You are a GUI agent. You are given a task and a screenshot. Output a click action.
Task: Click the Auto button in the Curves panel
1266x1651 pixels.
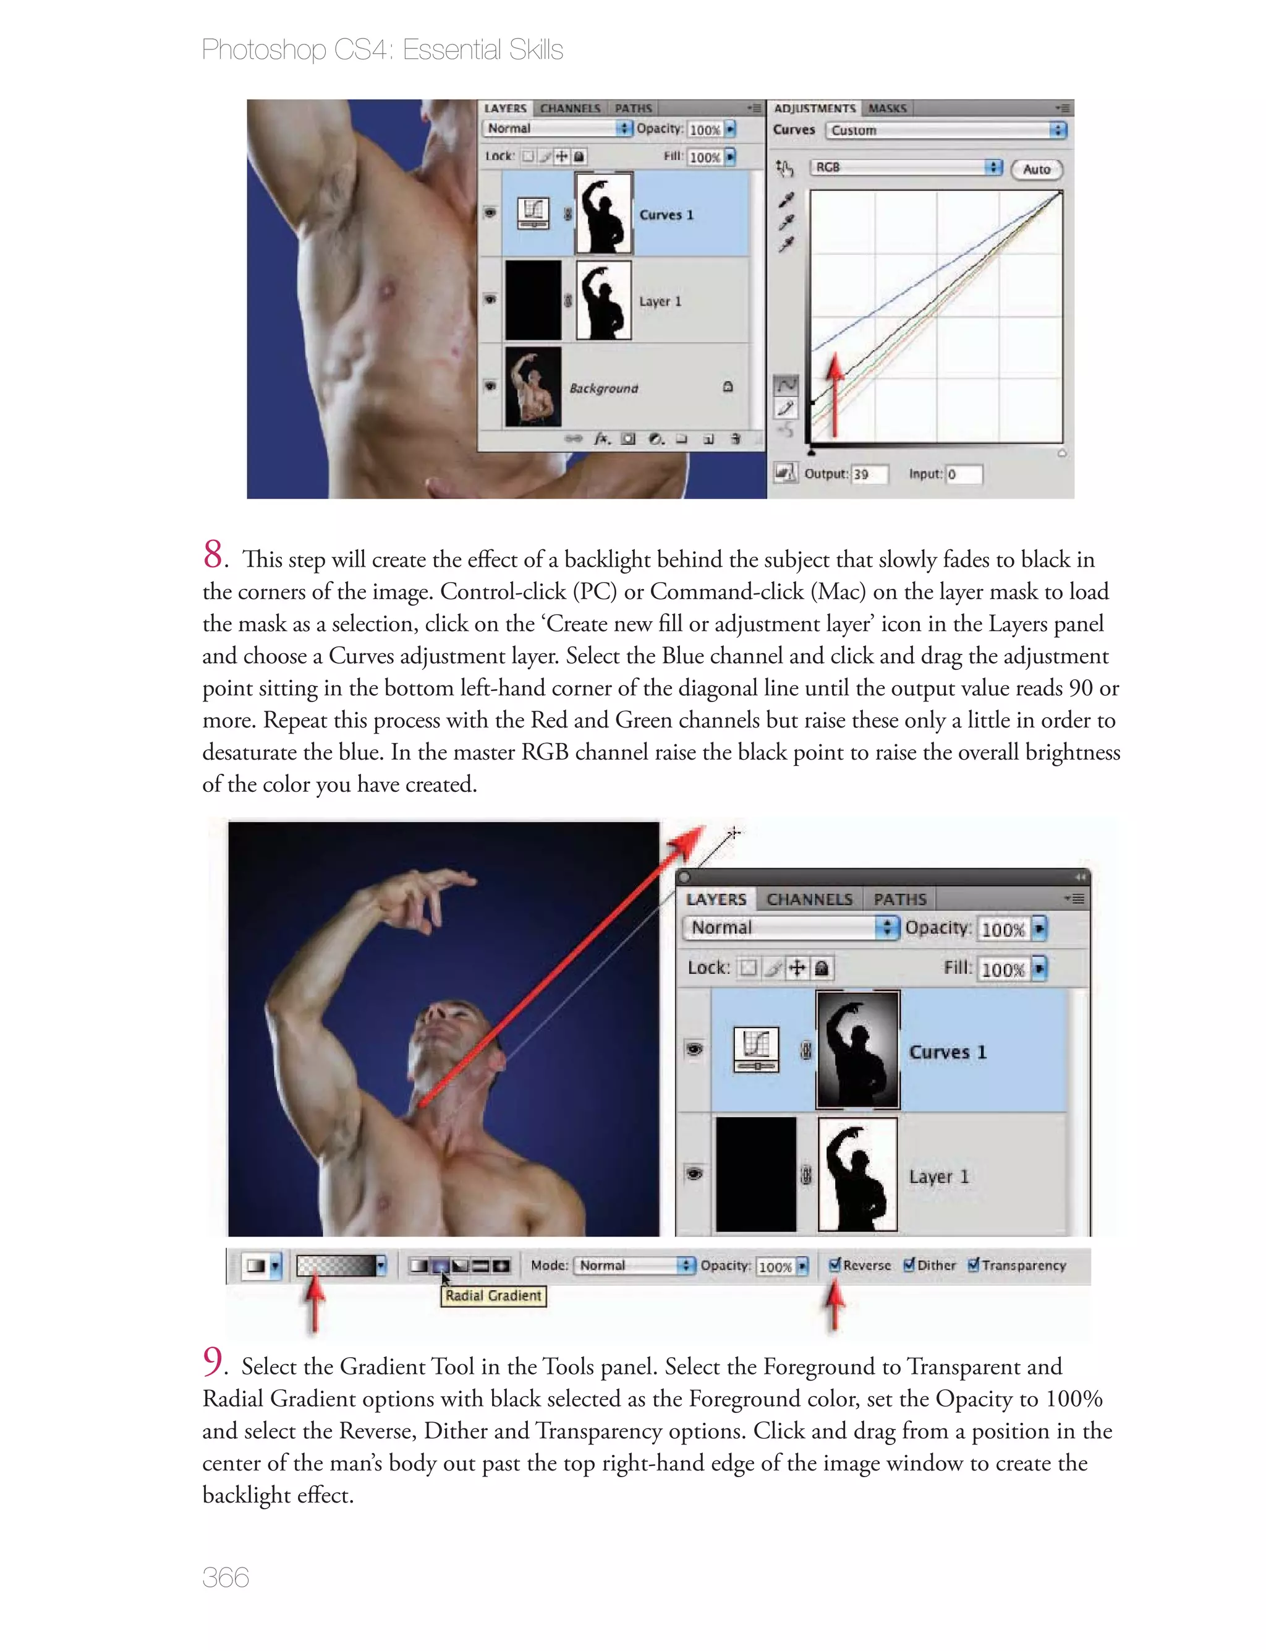coord(1036,169)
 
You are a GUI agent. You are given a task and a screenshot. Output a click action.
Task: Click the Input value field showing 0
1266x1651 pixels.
coord(963,474)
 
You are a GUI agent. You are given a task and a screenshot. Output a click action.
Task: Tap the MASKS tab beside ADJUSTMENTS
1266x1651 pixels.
coord(887,108)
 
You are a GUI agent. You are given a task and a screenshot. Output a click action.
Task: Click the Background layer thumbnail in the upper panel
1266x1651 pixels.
coord(533,387)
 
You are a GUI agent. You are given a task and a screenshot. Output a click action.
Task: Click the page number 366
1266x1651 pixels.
coord(225,1578)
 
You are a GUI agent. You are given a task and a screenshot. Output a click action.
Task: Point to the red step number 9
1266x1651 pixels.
coord(213,1362)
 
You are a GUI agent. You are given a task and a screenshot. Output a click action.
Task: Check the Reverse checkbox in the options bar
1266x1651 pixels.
coord(834,1265)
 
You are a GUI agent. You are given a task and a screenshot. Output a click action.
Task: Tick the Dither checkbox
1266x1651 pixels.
coord(909,1265)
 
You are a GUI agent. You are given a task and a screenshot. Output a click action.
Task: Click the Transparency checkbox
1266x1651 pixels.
coord(974,1265)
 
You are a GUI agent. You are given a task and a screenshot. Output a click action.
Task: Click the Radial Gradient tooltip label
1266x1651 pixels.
coord(493,1296)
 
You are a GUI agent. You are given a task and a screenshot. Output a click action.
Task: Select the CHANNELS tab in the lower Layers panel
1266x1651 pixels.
coord(809,899)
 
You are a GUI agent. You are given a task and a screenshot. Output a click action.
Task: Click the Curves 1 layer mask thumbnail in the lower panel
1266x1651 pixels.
coord(857,1050)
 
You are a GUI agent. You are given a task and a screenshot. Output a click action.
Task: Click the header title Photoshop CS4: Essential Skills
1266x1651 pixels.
coord(382,49)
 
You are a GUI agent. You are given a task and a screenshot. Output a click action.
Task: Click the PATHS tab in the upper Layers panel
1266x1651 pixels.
coord(633,108)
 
